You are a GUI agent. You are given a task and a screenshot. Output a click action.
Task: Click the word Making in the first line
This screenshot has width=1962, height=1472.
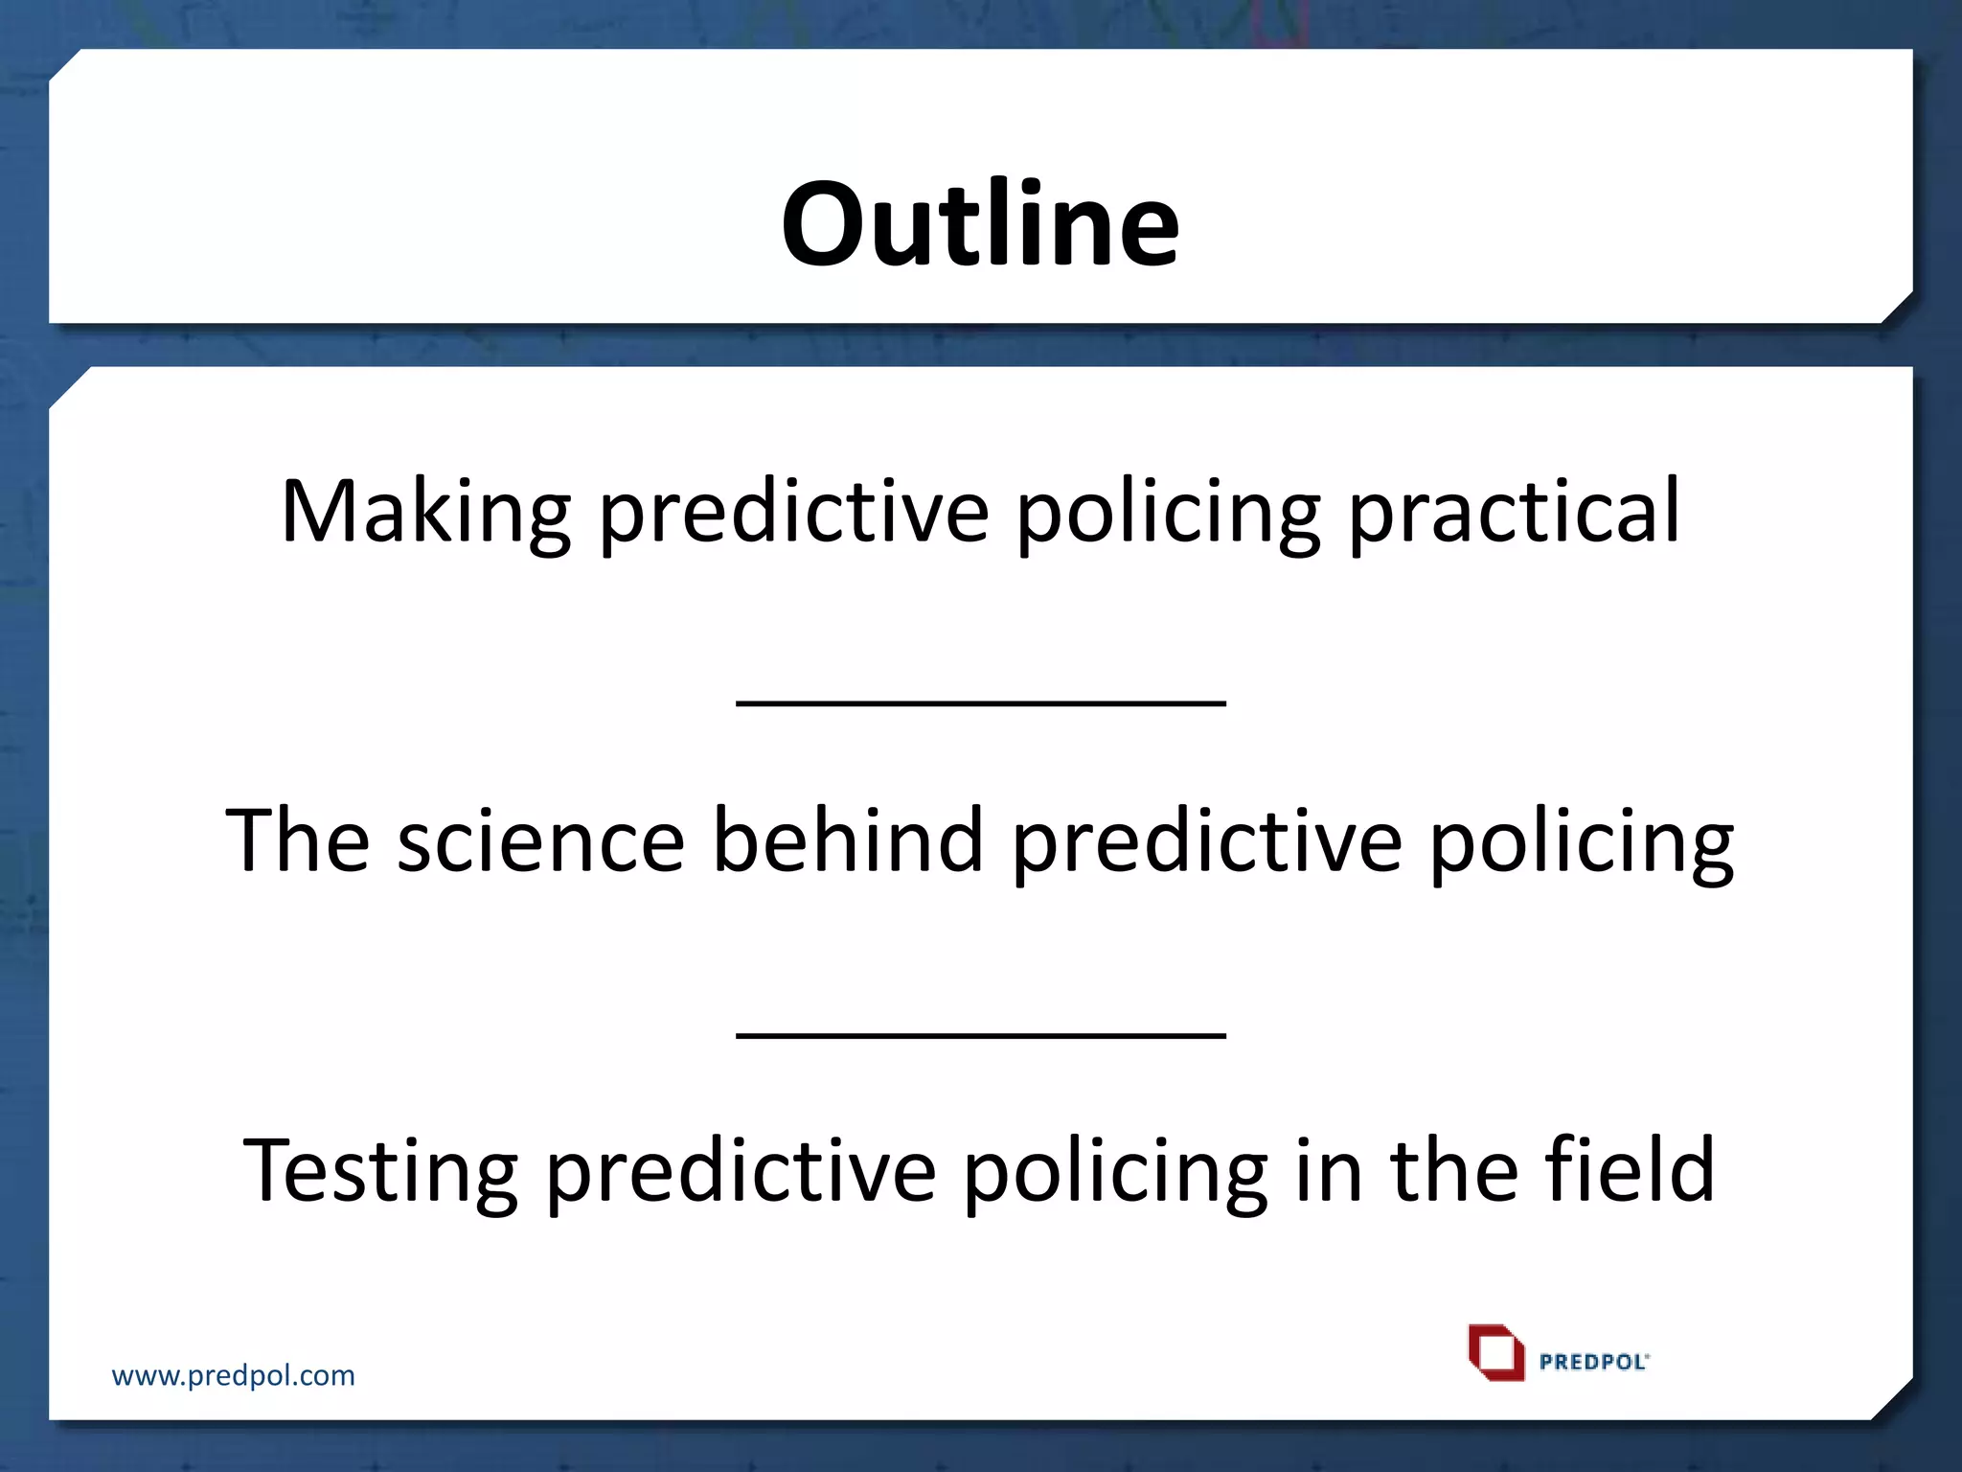tap(425, 513)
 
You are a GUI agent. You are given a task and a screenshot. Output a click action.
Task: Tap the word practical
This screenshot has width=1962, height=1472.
tap(1514, 513)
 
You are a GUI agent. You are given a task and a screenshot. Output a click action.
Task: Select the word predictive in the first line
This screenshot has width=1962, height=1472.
tap(793, 513)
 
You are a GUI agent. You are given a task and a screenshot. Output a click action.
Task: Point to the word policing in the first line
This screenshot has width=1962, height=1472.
tap(1167, 513)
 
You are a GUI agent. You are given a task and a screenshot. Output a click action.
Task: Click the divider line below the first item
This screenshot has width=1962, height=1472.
tap(981, 702)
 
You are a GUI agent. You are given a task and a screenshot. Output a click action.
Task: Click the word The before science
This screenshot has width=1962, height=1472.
tap(297, 841)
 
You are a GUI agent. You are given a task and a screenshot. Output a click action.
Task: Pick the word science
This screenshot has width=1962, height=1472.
tap(540, 841)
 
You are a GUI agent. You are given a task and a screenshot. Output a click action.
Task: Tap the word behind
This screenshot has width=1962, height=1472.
tap(848, 841)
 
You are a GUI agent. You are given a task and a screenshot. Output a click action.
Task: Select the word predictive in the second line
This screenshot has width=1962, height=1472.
tap(1206, 841)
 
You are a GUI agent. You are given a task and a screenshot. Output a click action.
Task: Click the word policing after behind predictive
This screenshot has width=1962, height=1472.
tap(1582, 841)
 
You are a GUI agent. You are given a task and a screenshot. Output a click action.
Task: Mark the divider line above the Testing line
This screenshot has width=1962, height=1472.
tap(981, 1034)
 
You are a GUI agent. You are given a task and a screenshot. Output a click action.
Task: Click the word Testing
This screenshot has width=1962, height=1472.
tap(379, 1171)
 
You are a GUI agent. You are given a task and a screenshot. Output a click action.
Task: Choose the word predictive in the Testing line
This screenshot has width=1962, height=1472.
tap(740, 1171)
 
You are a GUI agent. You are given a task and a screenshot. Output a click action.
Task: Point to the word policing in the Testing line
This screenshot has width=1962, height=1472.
tap(1114, 1171)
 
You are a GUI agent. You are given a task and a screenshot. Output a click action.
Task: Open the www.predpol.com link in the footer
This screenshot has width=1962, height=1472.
tap(233, 1376)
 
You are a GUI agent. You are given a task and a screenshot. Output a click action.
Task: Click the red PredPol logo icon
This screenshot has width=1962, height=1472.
tap(1495, 1352)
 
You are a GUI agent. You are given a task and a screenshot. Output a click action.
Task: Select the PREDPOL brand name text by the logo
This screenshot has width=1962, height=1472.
tap(1593, 1362)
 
